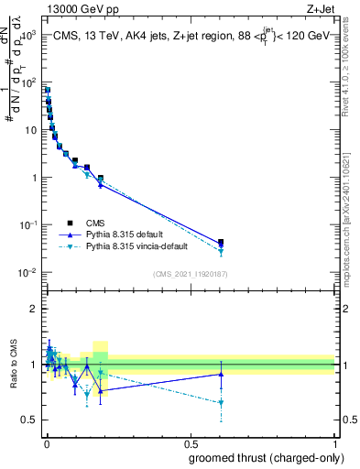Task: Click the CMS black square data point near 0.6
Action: point(220,243)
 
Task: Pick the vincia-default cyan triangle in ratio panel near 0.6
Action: point(220,403)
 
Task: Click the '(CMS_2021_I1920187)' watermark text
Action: point(191,274)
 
